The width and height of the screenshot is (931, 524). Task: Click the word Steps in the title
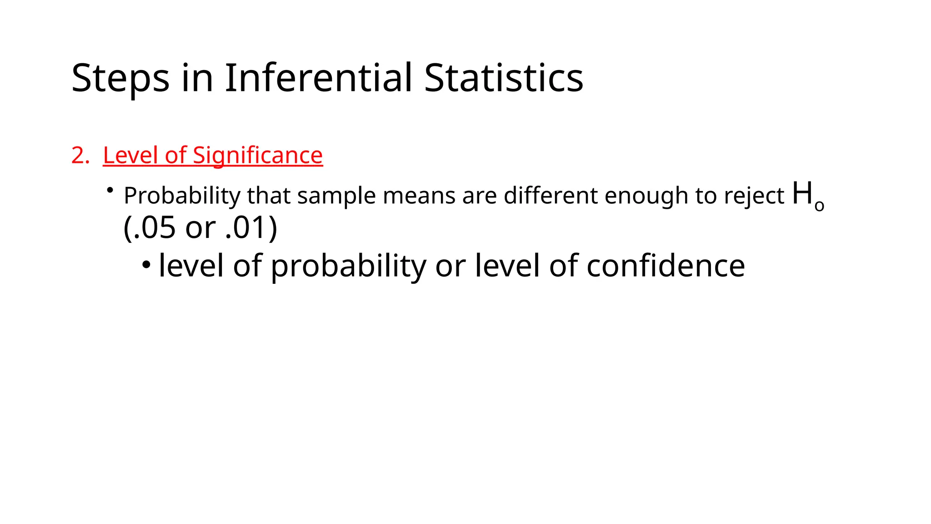(x=120, y=78)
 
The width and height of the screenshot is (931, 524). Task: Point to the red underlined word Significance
(x=258, y=156)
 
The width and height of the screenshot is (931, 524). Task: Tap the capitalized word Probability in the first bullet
(x=182, y=196)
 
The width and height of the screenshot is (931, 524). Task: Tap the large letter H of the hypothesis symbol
(x=802, y=193)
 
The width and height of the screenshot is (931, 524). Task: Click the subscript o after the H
(x=819, y=206)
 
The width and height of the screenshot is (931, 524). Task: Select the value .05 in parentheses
(x=153, y=228)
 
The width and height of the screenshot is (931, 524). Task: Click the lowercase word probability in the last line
(x=348, y=267)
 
